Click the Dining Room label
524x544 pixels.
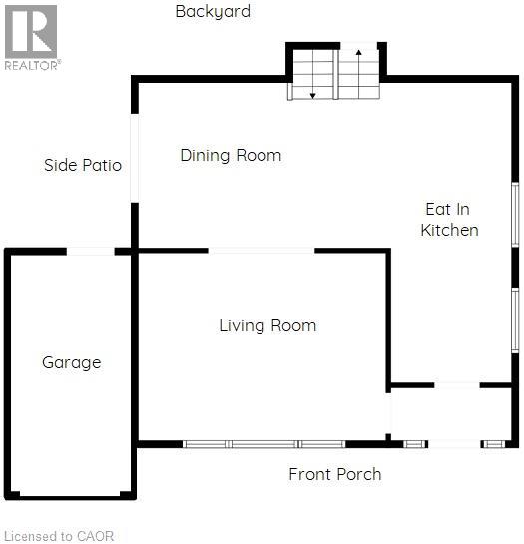tap(231, 155)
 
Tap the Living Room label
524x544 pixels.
tap(267, 325)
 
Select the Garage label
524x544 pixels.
tap(72, 363)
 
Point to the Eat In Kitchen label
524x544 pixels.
tap(449, 220)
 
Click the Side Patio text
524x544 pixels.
tap(83, 165)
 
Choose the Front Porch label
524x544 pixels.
tap(335, 474)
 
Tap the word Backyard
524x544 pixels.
tap(213, 12)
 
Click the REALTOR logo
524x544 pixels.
tap(32, 38)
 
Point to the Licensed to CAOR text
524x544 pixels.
tap(59, 536)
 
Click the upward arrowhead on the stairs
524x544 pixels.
tap(359, 52)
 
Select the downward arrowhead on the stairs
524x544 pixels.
tap(312, 96)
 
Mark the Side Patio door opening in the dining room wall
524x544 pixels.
tap(135, 158)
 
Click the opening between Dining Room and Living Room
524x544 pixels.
tap(262, 251)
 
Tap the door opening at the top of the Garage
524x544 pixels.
tap(90, 251)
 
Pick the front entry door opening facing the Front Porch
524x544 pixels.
tap(454, 444)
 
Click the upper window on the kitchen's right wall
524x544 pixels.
tap(515, 215)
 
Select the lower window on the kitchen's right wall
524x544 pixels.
tap(515, 321)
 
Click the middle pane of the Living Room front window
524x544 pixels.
tap(263, 444)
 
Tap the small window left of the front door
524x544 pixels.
tap(415, 444)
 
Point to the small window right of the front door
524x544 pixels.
tap(493, 444)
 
